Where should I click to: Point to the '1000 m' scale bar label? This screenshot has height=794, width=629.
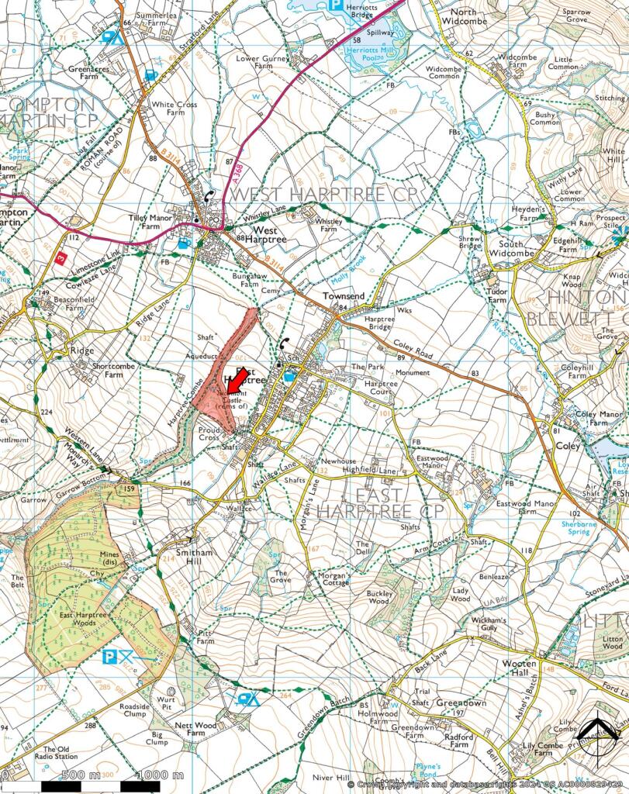160,775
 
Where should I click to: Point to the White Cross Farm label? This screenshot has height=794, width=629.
168,109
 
